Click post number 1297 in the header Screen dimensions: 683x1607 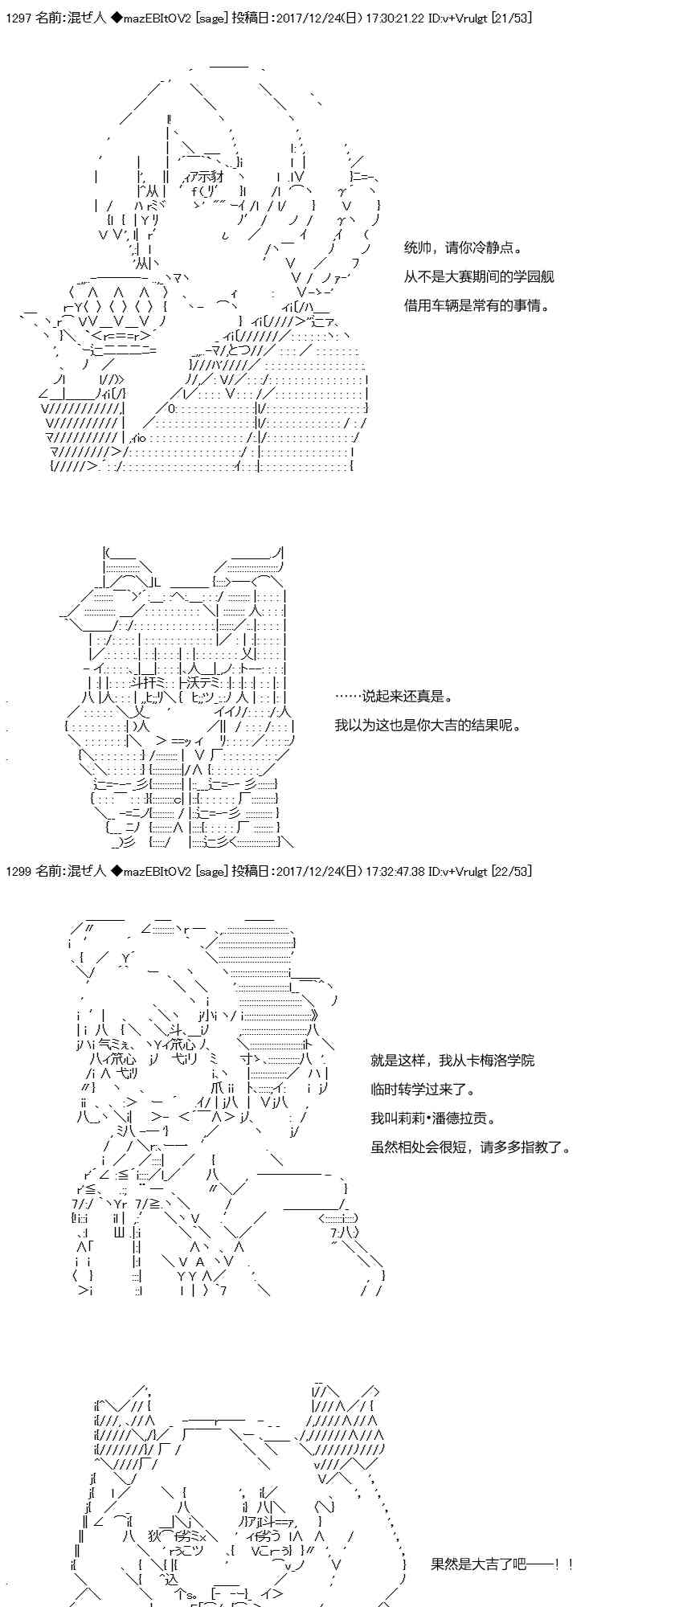[x=17, y=18]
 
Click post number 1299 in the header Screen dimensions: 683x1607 [x=17, y=871]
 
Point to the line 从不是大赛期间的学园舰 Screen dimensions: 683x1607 [x=479, y=277]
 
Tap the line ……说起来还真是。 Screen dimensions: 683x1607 [x=395, y=697]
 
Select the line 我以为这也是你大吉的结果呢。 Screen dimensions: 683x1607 [x=428, y=726]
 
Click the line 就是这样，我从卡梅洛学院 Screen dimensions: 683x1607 [x=452, y=1061]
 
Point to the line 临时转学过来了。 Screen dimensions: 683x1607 [x=423, y=1090]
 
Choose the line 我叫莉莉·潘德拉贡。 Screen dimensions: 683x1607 [x=433, y=1118]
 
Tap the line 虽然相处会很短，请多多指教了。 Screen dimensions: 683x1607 [x=471, y=1147]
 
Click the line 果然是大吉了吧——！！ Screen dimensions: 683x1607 [x=502, y=1564]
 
